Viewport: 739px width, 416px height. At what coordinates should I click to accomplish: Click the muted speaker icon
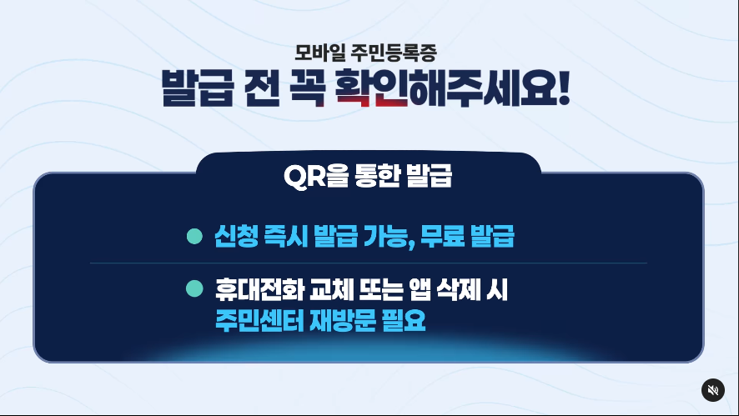point(712,389)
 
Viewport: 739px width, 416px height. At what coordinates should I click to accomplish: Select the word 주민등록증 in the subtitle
point(394,53)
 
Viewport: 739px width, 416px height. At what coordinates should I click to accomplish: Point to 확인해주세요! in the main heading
point(452,88)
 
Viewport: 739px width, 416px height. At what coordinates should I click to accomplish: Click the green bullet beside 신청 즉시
point(194,236)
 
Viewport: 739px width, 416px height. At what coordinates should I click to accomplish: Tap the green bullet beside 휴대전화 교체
point(194,288)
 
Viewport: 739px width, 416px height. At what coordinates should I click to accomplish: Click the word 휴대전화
point(259,289)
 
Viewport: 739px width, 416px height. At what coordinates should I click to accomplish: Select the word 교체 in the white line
point(331,289)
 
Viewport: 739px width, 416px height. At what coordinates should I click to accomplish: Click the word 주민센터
point(259,320)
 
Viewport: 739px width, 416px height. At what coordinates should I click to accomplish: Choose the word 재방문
point(343,320)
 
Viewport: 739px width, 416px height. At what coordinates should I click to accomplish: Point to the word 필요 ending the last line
point(404,320)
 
